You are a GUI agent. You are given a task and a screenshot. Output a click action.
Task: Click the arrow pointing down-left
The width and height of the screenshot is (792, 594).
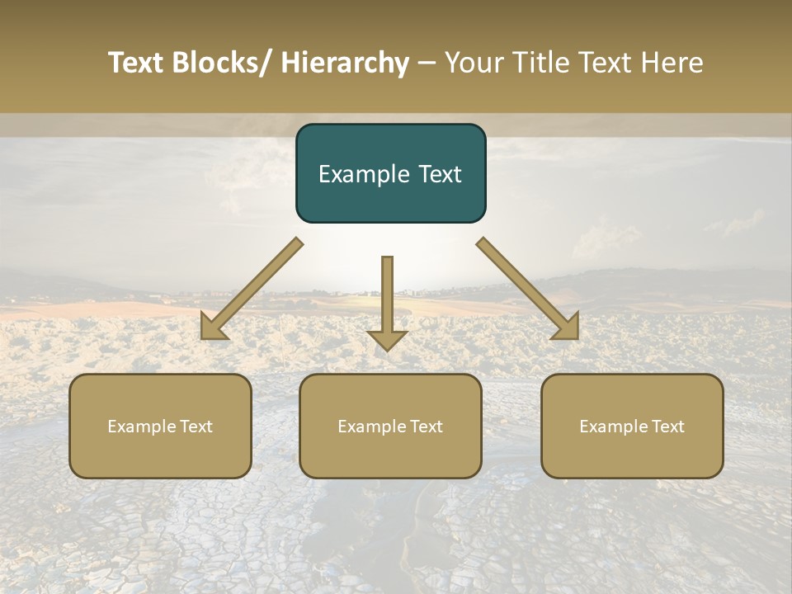[x=252, y=289]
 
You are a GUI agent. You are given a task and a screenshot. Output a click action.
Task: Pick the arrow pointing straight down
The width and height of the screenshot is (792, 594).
[x=387, y=301]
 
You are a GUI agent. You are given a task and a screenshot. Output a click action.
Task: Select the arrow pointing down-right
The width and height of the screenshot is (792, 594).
[x=527, y=289]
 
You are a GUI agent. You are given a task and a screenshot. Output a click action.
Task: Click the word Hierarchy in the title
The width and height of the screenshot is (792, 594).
[x=345, y=63]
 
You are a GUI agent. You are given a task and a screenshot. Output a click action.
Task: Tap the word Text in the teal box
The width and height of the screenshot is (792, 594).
[x=438, y=174]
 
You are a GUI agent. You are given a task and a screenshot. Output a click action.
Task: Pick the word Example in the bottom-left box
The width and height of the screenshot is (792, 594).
[x=140, y=427]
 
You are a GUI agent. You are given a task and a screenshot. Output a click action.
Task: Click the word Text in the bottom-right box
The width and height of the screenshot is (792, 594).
[x=667, y=427]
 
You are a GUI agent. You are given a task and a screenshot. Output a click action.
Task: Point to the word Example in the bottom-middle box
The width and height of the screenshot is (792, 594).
[x=370, y=427]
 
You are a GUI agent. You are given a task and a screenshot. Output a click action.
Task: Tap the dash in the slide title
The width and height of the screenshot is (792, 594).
[x=427, y=64]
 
